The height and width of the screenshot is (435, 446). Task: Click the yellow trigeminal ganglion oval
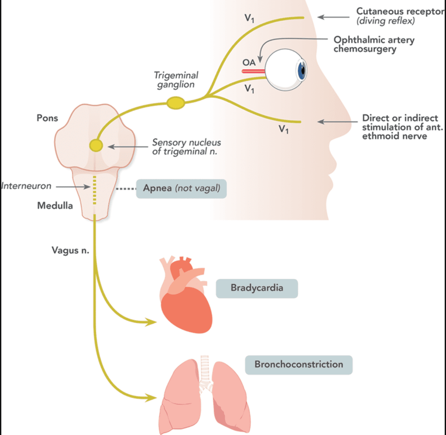tap(176, 103)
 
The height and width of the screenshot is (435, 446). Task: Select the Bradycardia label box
tap(256, 288)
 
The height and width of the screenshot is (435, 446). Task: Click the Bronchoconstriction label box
tap(299, 364)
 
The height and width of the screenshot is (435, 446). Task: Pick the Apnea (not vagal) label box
tap(181, 188)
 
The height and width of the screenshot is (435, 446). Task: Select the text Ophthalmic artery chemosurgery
tap(374, 44)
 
